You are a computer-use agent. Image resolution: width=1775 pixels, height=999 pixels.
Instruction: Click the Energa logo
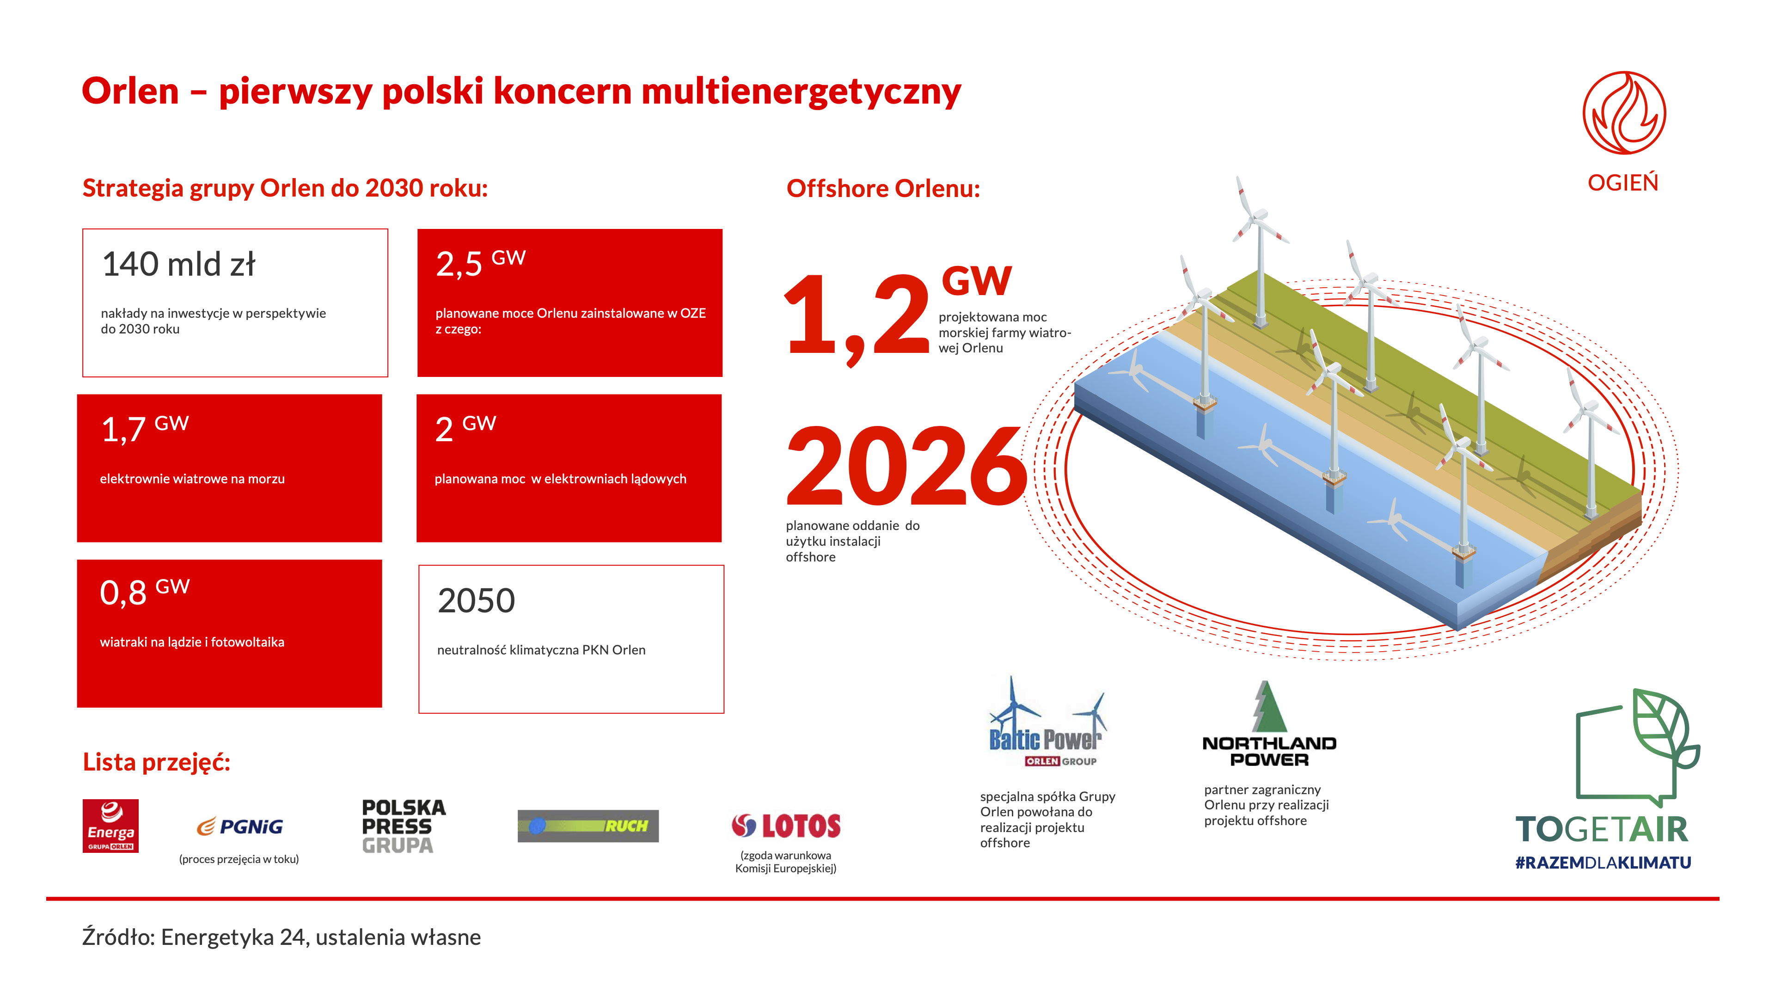pyautogui.click(x=110, y=826)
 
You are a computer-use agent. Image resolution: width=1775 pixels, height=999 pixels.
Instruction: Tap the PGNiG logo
pyautogui.click(x=240, y=826)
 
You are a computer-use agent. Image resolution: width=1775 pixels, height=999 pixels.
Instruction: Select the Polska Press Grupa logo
pyautogui.click(x=404, y=826)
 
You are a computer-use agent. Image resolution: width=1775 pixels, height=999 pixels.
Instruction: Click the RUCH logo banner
pyautogui.click(x=588, y=826)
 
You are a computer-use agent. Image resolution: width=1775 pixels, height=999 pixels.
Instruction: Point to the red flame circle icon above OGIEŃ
pyautogui.click(x=1624, y=112)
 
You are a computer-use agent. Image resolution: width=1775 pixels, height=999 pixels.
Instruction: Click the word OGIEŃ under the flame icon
pyautogui.click(x=1623, y=182)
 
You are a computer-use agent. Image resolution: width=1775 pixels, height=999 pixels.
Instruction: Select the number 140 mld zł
pyautogui.click(x=178, y=264)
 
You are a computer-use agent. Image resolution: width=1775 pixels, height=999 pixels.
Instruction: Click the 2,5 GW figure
pyautogui.click(x=481, y=263)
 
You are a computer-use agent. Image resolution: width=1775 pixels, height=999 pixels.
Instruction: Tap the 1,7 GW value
pyautogui.click(x=145, y=429)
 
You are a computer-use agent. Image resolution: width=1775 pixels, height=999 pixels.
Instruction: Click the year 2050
pyautogui.click(x=476, y=600)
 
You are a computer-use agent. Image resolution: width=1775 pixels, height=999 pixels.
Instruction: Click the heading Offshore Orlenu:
pyautogui.click(x=883, y=188)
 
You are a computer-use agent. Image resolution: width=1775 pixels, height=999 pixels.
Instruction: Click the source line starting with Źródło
pyautogui.click(x=281, y=937)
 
